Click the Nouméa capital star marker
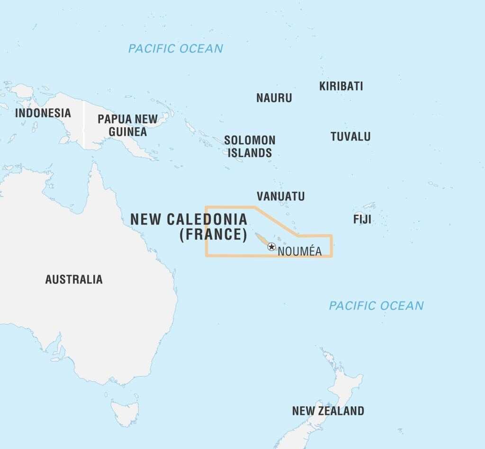coord(271,247)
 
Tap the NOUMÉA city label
coord(299,252)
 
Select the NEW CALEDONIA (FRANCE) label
coord(189,227)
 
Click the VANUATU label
coord(280,196)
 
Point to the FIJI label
coord(362,220)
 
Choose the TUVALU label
coord(350,137)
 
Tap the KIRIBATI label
coord(341,86)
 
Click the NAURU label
coord(274,98)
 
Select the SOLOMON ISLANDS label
coord(250,146)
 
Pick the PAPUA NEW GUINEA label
coord(127,125)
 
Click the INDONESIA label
coord(43,113)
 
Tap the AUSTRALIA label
coord(73,279)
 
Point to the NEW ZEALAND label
coord(328,411)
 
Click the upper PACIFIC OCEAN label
coord(175,48)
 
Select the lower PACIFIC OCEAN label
coord(376,306)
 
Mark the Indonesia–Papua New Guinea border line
coord(83,123)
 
